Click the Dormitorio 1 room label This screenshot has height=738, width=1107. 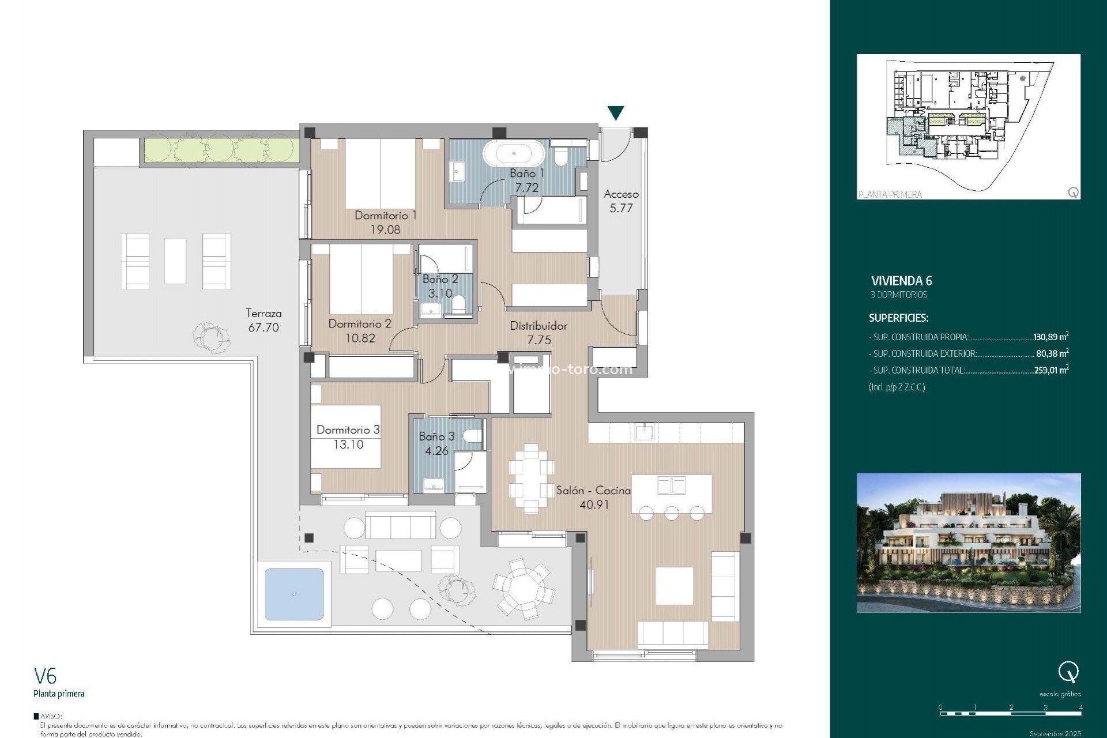pyautogui.click(x=385, y=215)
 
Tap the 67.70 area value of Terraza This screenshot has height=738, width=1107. pyautogui.click(x=263, y=327)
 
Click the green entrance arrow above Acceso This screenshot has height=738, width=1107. pyautogui.click(x=616, y=112)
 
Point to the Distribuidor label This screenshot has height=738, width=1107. pyautogui.click(x=539, y=326)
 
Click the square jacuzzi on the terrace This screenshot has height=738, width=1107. pyautogui.click(x=294, y=594)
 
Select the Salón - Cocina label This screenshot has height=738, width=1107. pyautogui.click(x=593, y=491)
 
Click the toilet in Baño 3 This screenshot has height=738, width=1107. pyautogui.click(x=473, y=436)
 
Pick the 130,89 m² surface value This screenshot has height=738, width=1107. pyautogui.click(x=1050, y=337)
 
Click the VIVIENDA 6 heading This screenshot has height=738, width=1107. pyautogui.click(x=901, y=281)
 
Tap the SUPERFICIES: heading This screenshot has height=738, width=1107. pyautogui.click(x=898, y=318)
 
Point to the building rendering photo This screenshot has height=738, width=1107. pyautogui.click(x=969, y=543)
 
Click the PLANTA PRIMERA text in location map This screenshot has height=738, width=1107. pyautogui.click(x=890, y=194)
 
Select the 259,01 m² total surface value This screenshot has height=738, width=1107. pyautogui.click(x=1050, y=370)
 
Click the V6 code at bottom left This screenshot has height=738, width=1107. pyautogui.click(x=46, y=675)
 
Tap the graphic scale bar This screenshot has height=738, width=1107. pyautogui.click(x=1010, y=713)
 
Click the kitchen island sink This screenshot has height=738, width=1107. pyautogui.click(x=671, y=484)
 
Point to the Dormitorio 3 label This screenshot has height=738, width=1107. pyautogui.click(x=348, y=430)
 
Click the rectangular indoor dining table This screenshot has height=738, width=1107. pyautogui.click(x=531, y=479)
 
